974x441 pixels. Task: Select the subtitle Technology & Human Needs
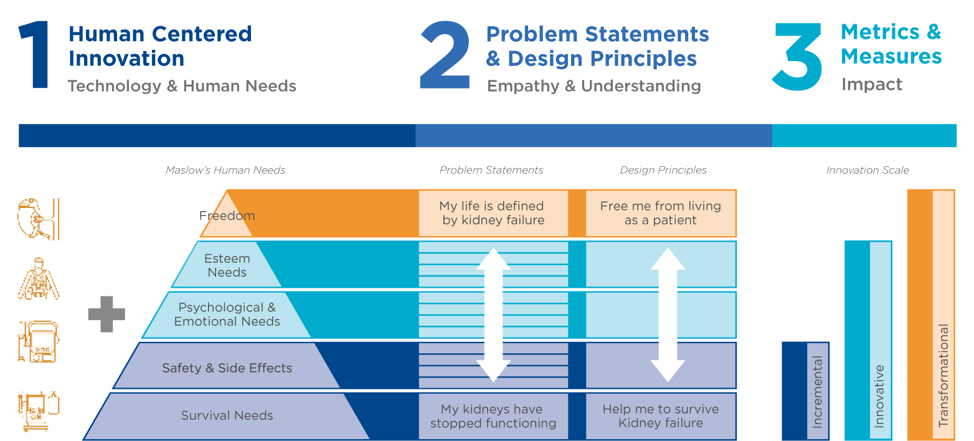182,86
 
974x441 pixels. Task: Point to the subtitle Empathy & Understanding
594,86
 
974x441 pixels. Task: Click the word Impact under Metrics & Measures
872,84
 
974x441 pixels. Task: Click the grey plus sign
106,314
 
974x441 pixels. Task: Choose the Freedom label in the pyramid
227,216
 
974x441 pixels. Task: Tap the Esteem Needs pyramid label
227,265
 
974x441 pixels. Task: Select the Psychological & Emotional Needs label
227,315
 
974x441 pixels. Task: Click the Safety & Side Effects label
227,368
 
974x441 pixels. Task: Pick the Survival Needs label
227,415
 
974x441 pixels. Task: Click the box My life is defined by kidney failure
493,213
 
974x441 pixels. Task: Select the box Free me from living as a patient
661,213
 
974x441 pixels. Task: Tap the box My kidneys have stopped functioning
493,416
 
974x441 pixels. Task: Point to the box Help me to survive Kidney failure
661,416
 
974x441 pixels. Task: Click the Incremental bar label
818,391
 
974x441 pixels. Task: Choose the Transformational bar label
943,375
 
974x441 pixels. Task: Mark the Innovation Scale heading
868,170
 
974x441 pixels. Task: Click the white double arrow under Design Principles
668,315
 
